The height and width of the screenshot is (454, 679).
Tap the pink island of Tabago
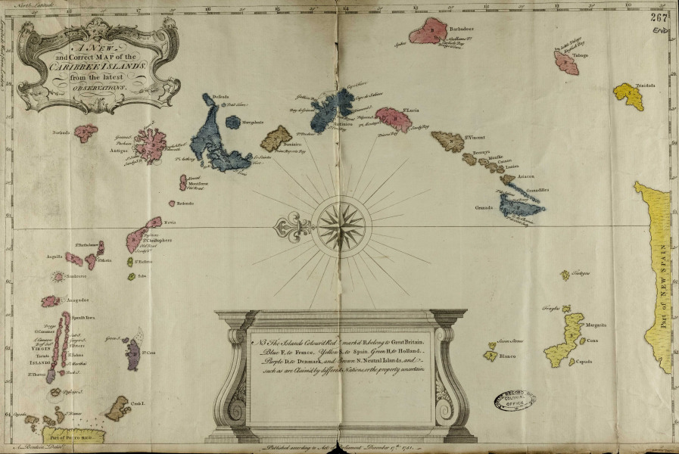[566, 63]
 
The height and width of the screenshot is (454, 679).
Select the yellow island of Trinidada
[628, 97]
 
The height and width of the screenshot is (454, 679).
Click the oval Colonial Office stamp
[514, 400]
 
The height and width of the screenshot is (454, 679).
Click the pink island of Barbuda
[86, 133]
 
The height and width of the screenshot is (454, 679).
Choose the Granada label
[484, 207]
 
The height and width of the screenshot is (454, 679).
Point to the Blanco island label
[508, 356]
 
